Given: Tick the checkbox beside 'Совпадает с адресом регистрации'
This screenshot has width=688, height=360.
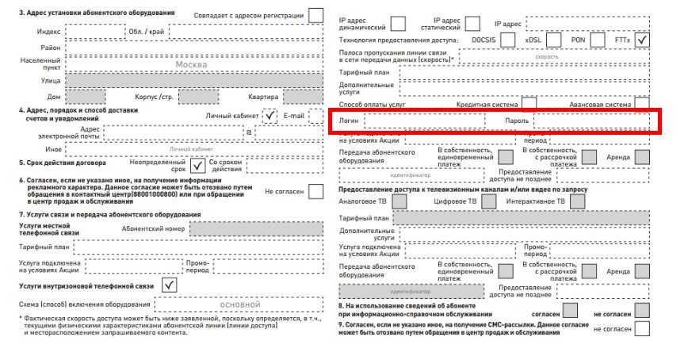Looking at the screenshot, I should pos(316,15).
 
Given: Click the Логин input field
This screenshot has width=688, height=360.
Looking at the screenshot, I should pos(424,121).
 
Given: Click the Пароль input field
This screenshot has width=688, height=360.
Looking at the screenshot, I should pos(591,121).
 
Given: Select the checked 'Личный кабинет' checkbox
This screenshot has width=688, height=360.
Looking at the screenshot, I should pos(271,116).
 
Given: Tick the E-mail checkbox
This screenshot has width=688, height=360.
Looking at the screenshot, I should pos(315,116).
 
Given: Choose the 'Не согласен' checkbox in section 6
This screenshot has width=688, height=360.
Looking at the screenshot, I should pos(315,191).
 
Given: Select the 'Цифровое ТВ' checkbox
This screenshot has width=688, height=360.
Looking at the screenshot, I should pos(488,201).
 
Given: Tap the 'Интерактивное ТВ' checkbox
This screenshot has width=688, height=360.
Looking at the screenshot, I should pos(578,201).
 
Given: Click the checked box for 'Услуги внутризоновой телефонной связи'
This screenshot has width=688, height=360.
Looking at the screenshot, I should pos(169,284).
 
